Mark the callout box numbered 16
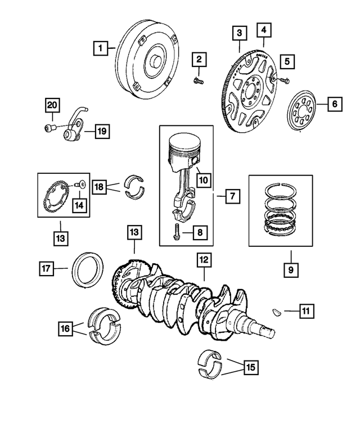(x=66, y=327)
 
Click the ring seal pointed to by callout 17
(x=85, y=269)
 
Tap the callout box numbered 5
(x=287, y=61)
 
